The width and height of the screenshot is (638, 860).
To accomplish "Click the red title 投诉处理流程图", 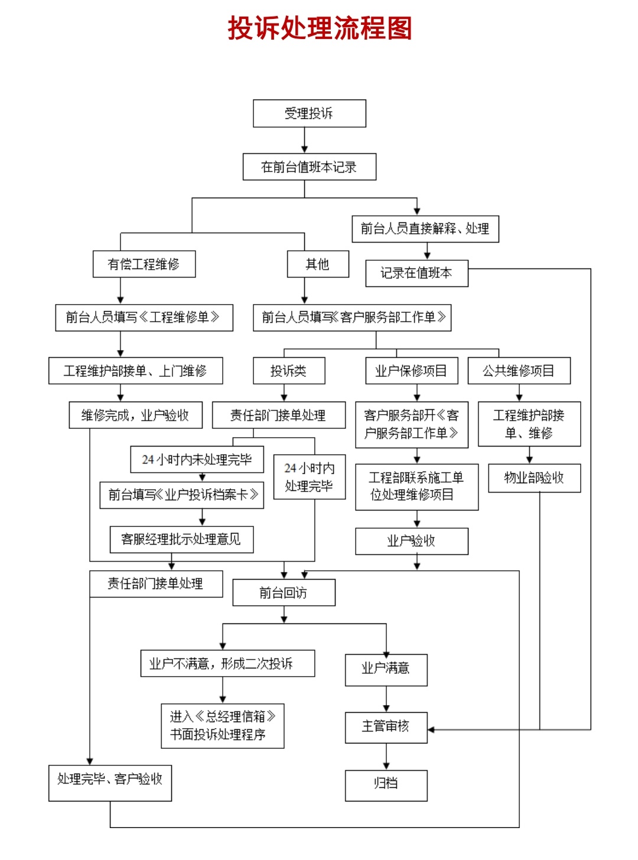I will click(x=320, y=28).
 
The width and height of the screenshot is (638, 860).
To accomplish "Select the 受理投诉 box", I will click(x=310, y=113).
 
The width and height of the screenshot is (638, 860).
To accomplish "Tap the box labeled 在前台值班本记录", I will click(x=310, y=167).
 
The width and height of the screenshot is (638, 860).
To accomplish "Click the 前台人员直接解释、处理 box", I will click(x=425, y=229).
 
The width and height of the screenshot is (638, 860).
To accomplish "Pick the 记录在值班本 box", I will click(x=416, y=273).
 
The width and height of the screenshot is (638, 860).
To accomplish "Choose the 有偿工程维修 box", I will click(x=144, y=264).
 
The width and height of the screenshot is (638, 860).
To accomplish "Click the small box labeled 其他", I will click(x=318, y=264).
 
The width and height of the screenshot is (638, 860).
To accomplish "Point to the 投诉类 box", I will click(x=289, y=371).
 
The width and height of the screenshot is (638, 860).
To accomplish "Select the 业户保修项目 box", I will click(x=411, y=371).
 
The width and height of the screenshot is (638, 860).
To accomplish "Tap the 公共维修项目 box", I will click(x=519, y=371).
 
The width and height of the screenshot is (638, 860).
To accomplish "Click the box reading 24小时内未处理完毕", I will click(x=197, y=459).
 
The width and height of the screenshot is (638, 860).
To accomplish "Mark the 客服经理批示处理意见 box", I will click(x=181, y=539).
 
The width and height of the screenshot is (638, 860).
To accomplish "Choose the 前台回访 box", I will click(x=284, y=593).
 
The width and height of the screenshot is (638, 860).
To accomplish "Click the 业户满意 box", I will click(x=386, y=669).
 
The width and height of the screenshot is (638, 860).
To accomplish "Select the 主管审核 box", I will click(x=386, y=727).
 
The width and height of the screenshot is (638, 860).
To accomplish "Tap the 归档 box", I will click(x=386, y=785).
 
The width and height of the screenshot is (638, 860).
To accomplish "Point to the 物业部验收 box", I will click(x=534, y=478).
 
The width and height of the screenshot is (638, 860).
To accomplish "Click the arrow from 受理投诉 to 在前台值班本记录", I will click(x=305, y=141).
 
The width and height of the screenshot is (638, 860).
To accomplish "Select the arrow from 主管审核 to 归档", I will click(x=386, y=756).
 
